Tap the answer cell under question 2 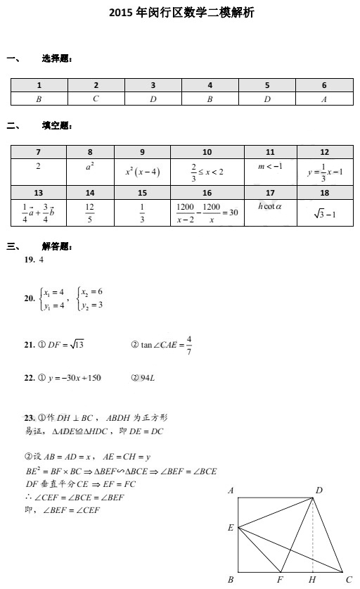click(96, 99)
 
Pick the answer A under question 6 click(324, 99)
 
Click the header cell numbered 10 click(207, 151)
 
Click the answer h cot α click(270, 206)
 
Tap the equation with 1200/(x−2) click(207, 210)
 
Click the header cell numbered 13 click(38, 192)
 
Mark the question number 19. click(30, 260)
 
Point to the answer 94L click(143, 378)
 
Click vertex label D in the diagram click(319, 490)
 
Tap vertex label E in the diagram click(231, 527)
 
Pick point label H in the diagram click(312, 580)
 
